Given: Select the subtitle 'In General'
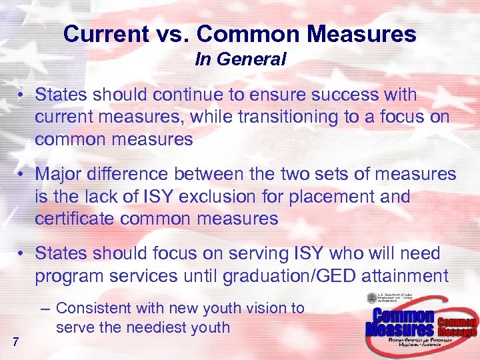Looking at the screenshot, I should [240, 59].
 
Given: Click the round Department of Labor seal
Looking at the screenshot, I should [371, 298].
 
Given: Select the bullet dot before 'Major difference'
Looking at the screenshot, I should [22, 175].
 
